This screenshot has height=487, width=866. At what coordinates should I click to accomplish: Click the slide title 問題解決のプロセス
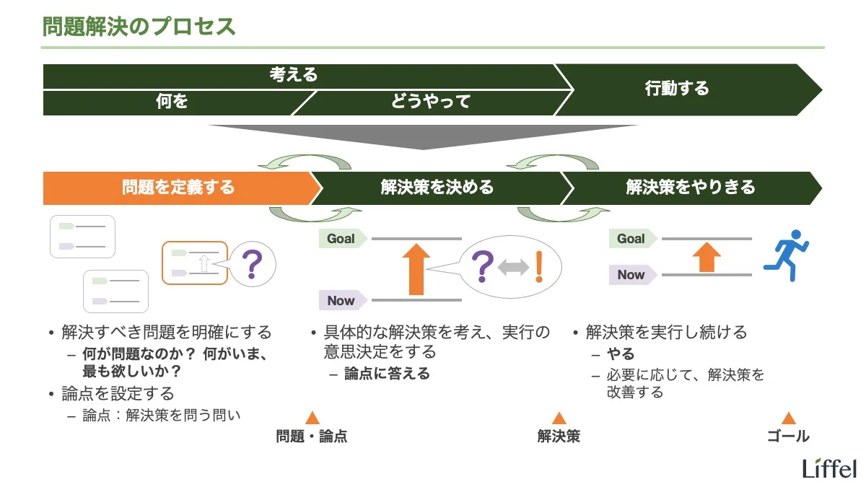pyautogui.click(x=139, y=27)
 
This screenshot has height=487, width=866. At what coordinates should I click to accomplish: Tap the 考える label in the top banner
pyautogui.click(x=294, y=75)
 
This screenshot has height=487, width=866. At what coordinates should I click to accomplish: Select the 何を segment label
pyautogui.click(x=172, y=102)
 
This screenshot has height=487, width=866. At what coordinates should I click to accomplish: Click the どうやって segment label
pyautogui.click(x=431, y=102)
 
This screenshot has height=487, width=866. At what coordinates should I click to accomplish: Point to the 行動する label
pyautogui.click(x=677, y=89)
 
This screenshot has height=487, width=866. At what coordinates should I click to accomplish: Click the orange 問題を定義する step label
pyautogui.click(x=178, y=188)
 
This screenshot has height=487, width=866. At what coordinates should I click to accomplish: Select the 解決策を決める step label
pyautogui.click(x=437, y=188)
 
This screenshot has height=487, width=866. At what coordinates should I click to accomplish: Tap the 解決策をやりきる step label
pyautogui.click(x=691, y=188)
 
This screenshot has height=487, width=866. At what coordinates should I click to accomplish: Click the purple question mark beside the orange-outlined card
pyautogui.click(x=252, y=265)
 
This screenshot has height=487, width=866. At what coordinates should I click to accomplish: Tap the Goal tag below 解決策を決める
pyautogui.click(x=341, y=238)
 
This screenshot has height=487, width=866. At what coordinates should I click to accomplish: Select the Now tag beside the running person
pyautogui.click(x=631, y=274)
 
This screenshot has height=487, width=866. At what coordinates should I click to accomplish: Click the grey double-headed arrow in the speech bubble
pyautogui.click(x=513, y=268)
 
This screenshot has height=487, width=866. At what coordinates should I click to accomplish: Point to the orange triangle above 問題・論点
pyautogui.click(x=312, y=418)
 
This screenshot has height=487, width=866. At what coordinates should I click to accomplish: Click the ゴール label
pyautogui.click(x=788, y=436)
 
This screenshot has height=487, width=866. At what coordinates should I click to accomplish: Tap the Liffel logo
pyautogui.click(x=829, y=468)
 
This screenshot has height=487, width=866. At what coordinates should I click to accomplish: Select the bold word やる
pyautogui.click(x=621, y=354)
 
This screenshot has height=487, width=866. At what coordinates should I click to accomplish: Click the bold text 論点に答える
pyautogui.click(x=387, y=373)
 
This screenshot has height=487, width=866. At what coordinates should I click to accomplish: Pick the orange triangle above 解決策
pyautogui.click(x=559, y=418)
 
